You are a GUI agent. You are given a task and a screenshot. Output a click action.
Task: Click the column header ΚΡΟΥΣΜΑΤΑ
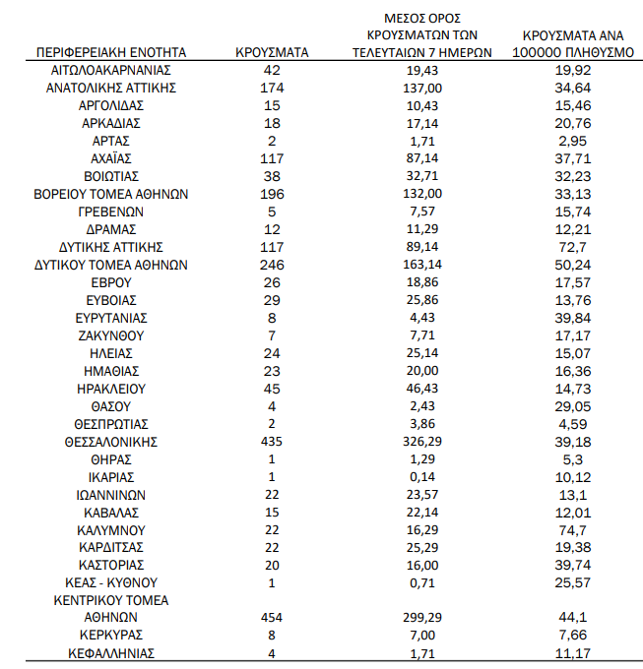273,53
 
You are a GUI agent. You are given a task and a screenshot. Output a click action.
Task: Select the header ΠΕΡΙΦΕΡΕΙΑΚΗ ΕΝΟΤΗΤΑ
110,53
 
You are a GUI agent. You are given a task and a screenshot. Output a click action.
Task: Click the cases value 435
273,442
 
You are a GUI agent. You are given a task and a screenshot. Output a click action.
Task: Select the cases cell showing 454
273,618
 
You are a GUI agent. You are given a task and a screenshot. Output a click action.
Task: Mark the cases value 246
273,265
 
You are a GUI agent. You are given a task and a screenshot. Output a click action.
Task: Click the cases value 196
273,194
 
